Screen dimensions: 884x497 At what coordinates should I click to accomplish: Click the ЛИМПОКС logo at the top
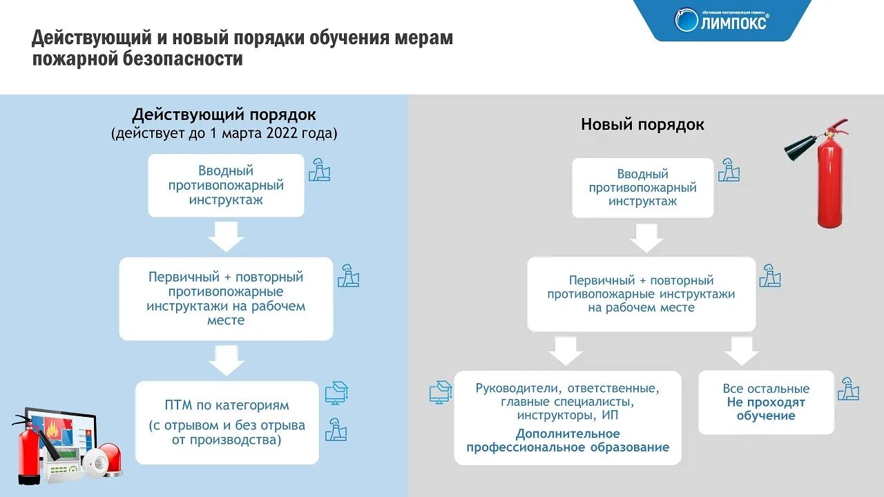coord(722,20)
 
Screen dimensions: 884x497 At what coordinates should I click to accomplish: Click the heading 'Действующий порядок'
coord(224,115)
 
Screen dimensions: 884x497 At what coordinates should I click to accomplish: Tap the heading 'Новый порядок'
coord(642,125)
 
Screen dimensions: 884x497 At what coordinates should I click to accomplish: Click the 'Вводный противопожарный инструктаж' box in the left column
coord(226,185)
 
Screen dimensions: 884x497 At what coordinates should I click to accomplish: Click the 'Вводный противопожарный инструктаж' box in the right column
coord(642,188)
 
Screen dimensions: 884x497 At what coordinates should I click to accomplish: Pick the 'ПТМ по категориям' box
coord(227,422)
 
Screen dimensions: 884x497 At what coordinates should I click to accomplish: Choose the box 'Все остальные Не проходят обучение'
coord(766,402)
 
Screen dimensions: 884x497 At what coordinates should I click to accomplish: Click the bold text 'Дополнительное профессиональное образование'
coord(567,440)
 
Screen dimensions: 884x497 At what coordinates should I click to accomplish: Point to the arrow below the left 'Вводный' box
coord(226,236)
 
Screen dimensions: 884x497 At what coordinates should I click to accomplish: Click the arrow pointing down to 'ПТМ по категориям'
coord(226,360)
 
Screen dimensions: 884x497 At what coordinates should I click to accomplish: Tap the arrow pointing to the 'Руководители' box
coord(566,351)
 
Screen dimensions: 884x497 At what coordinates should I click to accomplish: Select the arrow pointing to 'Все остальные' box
coord(742,351)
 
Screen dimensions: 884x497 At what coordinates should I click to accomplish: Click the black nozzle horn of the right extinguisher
coord(801,147)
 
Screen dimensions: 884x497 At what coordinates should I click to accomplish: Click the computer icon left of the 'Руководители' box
coord(440,392)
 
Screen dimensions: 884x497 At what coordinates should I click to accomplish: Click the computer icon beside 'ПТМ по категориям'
coord(336,393)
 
